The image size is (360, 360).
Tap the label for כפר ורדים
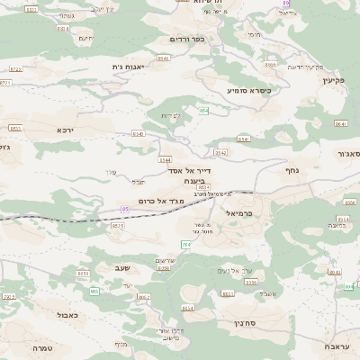tap(187, 40)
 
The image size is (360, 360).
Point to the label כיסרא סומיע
tap(248, 90)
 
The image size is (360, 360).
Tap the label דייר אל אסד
tap(187, 170)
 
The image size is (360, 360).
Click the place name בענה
tap(195, 181)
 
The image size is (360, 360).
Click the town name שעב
tap(123, 267)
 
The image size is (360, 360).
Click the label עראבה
tap(339, 346)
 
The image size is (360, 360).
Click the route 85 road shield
tap(125, 209)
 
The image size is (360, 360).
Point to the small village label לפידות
tap(171, 115)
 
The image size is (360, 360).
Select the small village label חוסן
tap(253, 34)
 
